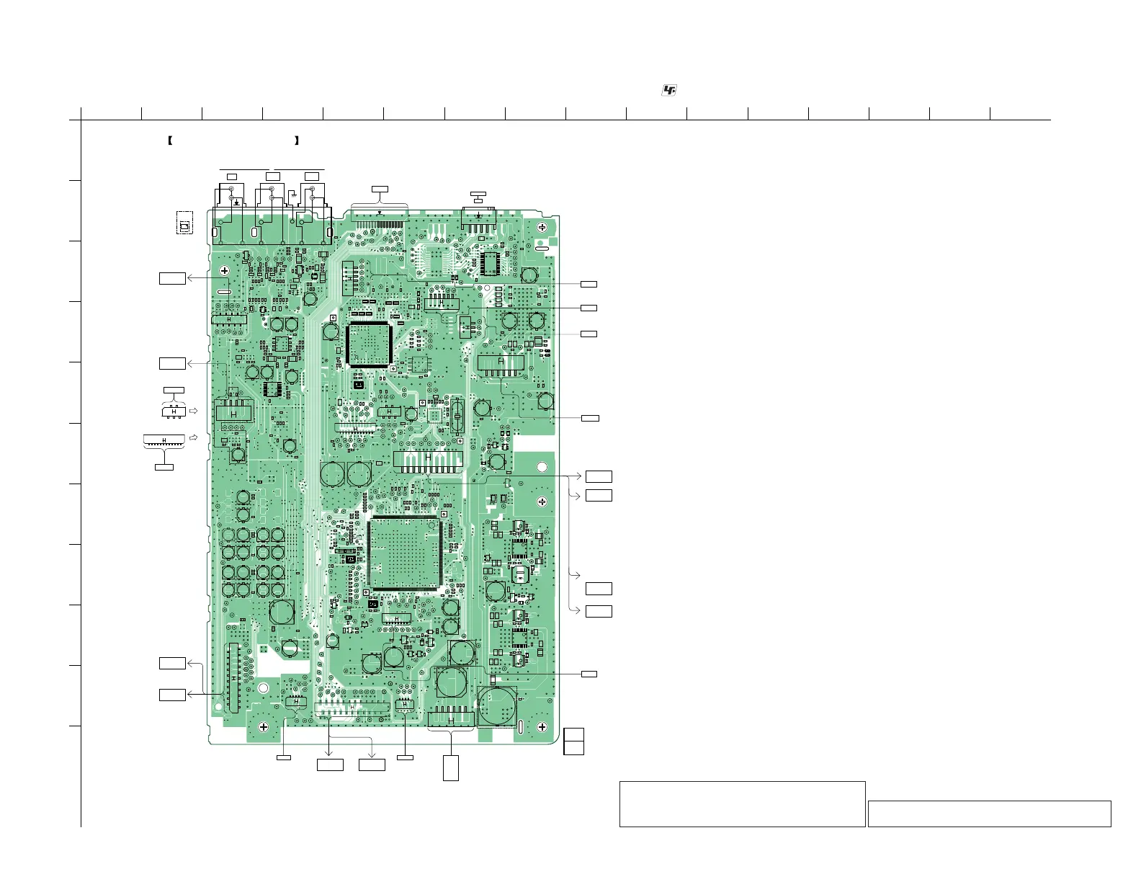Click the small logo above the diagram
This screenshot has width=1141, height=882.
(669, 90)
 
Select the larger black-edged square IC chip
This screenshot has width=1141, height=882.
(404, 553)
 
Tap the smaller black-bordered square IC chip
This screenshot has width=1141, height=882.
(368, 346)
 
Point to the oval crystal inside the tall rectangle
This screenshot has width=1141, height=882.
(456, 415)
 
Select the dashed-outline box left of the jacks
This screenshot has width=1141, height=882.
(185, 223)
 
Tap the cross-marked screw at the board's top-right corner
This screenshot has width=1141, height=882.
(542, 228)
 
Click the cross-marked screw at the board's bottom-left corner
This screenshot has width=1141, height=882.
(264, 727)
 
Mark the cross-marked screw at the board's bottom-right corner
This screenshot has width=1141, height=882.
(542, 727)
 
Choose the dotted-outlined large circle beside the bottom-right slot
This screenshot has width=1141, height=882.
(497, 706)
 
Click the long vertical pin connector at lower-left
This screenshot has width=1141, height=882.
(232, 678)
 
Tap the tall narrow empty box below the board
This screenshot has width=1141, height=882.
(450, 767)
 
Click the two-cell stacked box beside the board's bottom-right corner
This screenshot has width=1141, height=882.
(573, 741)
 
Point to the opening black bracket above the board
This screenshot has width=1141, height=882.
(169, 141)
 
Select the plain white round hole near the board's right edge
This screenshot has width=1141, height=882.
(542, 468)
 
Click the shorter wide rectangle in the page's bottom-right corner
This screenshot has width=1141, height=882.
(989, 814)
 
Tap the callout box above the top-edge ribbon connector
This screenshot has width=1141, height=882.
(379, 189)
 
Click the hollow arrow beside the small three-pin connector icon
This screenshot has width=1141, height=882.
(193, 411)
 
